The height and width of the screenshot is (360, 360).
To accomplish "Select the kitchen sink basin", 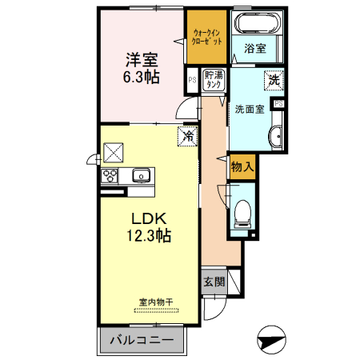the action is [141, 175].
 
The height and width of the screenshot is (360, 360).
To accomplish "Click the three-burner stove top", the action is [110, 176].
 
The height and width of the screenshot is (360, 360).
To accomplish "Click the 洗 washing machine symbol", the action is [274, 80].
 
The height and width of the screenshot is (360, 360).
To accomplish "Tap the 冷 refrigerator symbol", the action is [188, 136].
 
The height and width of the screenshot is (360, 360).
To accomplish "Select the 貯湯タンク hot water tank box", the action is [214, 80].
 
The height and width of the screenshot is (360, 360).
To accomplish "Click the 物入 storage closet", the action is [242, 167].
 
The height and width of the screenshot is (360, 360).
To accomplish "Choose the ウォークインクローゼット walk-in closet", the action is [206, 37].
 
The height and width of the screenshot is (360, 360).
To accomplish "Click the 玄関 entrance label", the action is [214, 282].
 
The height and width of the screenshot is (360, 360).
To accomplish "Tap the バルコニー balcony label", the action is [142, 340].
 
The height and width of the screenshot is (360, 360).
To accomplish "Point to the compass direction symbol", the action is [272, 340].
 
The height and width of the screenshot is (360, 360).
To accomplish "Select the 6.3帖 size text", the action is [142, 78].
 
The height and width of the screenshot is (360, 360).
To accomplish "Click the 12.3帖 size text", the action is [149, 235].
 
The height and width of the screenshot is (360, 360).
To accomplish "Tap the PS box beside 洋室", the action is [192, 80].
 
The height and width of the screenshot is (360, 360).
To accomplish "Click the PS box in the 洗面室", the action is [278, 103].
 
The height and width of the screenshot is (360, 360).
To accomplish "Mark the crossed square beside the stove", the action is [114, 153].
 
